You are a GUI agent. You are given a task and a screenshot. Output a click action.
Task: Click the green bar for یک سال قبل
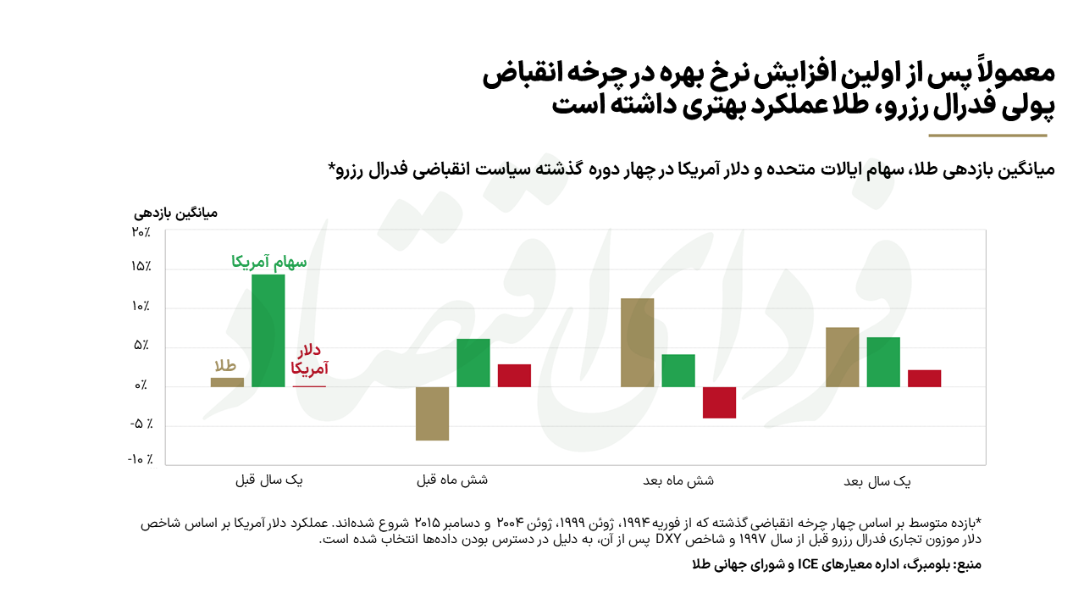pos(268,330)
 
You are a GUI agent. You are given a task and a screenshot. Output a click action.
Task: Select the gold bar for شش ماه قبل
pos(432,413)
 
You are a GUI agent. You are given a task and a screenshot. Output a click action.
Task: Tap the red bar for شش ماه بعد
pos(719,402)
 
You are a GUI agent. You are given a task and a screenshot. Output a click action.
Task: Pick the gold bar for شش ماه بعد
pos(637,342)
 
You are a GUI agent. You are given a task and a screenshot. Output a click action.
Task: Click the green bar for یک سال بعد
pos(883,362)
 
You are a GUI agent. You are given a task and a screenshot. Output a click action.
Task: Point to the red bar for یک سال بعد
pos(924,378)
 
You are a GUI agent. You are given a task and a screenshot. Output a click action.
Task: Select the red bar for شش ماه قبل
pos(514,375)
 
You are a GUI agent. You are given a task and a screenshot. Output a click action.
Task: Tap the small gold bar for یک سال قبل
pos(227,382)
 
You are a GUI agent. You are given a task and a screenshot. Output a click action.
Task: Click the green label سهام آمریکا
pos(269,263)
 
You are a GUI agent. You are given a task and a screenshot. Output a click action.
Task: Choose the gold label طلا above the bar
pos(224,367)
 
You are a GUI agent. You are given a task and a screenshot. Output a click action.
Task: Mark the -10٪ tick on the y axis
pos(140,459)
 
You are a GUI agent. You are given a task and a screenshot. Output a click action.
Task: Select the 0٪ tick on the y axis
pos(141,386)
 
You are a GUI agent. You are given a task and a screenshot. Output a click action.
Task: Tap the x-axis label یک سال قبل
pos(269,480)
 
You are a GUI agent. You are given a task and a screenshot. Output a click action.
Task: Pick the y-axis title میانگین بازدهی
pos(177,212)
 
